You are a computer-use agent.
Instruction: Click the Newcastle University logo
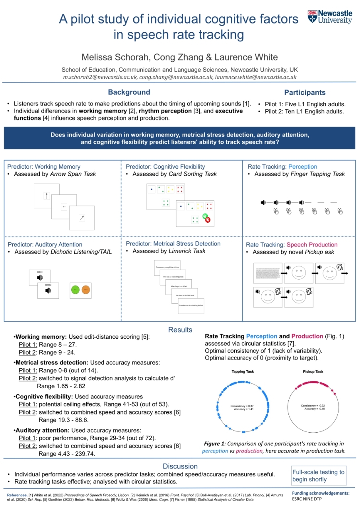(x=330, y=17)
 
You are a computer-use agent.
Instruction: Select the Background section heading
(x=129, y=92)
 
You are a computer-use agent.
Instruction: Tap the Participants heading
(x=305, y=93)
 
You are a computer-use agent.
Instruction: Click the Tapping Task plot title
(x=243, y=372)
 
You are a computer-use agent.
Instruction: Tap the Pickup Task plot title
(x=313, y=372)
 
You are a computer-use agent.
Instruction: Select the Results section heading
(x=180, y=330)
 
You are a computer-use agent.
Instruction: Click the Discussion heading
(x=180, y=466)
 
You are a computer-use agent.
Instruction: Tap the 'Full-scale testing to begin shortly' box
(x=319, y=476)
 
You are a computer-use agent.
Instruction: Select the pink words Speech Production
(x=312, y=245)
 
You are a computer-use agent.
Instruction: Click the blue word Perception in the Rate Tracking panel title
(x=303, y=167)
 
